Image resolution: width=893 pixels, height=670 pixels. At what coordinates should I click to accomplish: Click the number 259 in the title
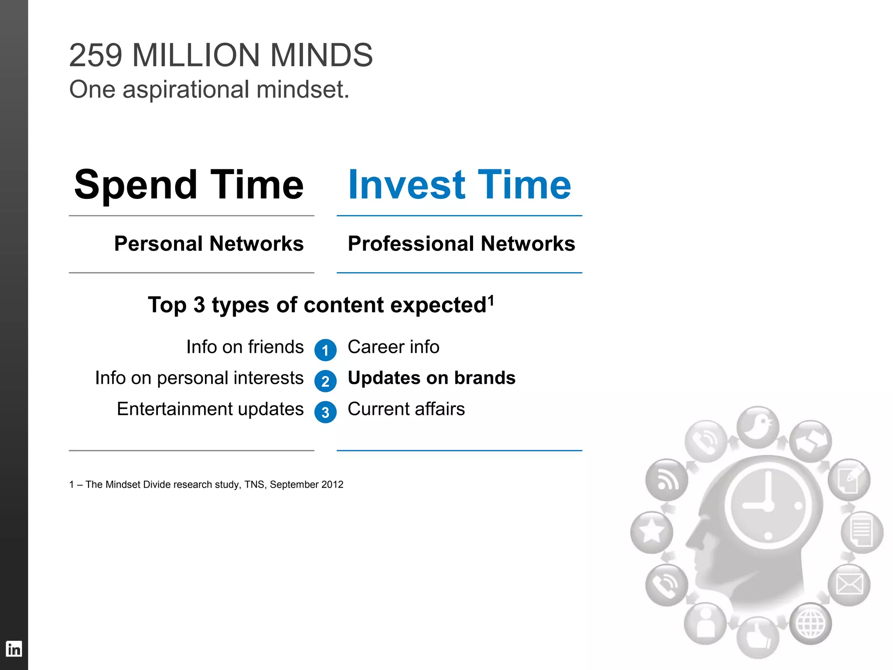point(95,55)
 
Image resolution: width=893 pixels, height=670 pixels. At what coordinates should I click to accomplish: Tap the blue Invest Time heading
point(459,185)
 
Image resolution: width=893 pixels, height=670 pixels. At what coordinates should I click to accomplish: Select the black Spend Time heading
point(189,185)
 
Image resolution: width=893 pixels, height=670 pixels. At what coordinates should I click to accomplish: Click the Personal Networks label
point(209,243)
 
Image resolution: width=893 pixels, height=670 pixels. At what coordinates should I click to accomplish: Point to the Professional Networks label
point(461,243)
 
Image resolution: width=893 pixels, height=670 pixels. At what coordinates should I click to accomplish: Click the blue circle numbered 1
point(325,350)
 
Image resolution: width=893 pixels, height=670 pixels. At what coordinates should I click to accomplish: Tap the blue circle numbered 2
point(325,381)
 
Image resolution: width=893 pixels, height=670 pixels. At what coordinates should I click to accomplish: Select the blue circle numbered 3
point(325,412)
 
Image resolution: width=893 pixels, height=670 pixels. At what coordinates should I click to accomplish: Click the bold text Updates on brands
point(431,378)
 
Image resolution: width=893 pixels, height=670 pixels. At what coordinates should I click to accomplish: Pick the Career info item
point(393,347)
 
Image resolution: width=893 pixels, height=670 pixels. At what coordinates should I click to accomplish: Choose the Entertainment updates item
point(210,409)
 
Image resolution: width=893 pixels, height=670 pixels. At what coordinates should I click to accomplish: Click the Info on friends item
point(245,347)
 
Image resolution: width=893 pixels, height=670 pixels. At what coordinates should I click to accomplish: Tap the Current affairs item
point(406,409)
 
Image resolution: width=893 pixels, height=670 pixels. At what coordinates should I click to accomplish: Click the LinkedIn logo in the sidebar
point(14,649)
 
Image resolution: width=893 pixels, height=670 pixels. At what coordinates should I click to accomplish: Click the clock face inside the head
point(767,506)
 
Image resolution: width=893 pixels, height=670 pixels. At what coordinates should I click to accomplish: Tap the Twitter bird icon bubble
point(758,427)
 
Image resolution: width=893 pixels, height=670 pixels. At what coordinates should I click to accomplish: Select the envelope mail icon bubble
point(849,585)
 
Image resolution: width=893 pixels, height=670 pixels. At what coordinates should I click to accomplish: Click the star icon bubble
point(651,532)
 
